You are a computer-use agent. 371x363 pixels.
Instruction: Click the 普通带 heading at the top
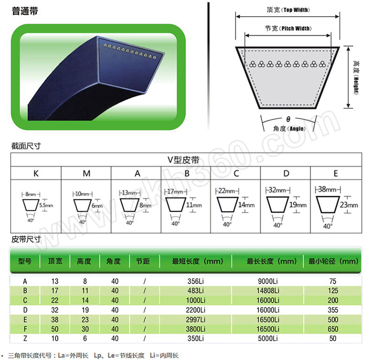point(25,11)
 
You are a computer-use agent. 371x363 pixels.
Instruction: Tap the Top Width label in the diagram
point(296,10)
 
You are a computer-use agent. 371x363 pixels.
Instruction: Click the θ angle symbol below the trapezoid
point(288,119)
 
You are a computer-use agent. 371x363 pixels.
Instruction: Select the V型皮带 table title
point(183,160)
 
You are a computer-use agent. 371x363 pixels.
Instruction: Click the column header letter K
point(36,173)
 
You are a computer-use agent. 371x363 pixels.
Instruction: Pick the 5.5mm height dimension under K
point(46,205)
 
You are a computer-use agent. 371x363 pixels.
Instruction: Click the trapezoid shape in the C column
point(227,204)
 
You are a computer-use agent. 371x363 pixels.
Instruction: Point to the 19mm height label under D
point(298,204)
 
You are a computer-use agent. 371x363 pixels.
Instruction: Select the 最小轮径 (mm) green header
point(333,261)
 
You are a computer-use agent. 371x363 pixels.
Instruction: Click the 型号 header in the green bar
point(25,261)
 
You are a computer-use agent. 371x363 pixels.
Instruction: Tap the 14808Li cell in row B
point(268,290)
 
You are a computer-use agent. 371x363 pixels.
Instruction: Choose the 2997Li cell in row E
point(195,319)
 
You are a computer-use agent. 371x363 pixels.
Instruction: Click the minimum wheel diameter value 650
point(333,329)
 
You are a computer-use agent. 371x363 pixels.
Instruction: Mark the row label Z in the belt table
point(25,338)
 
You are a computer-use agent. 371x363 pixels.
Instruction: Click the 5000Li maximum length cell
point(268,338)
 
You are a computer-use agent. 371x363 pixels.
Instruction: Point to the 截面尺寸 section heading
point(26,146)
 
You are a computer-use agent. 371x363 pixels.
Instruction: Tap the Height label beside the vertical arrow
point(356,77)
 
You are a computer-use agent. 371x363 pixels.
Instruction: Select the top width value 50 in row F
point(55,329)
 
